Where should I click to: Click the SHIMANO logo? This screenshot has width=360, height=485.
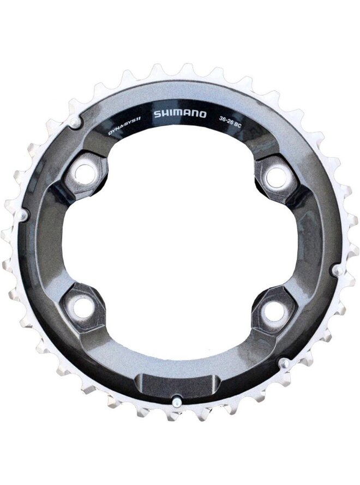pyautogui.click(x=180, y=114)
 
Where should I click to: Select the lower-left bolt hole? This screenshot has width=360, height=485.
pyautogui.click(x=83, y=305)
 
